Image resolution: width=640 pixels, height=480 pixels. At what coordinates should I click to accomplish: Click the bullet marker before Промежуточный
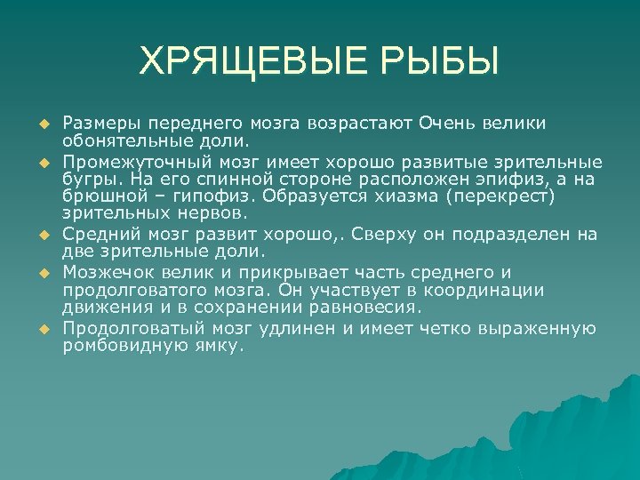(x=42, y=164)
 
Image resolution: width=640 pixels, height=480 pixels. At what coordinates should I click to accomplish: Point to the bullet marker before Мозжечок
(x=42, y=272)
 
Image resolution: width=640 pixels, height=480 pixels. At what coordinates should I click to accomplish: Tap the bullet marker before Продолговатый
(x=42, y=330)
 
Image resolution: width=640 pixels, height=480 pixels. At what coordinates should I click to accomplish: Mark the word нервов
(x=214, y=213)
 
